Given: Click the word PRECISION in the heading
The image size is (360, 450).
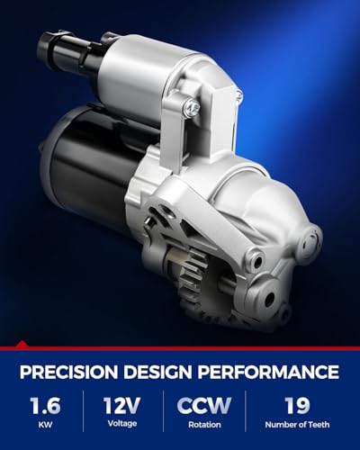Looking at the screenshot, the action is [68, 372].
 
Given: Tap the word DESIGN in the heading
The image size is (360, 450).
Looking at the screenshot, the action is [157, 372].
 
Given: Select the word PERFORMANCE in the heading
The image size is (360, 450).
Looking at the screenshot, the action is [268, 372].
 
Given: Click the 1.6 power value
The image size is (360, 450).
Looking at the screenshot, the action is [46, 405].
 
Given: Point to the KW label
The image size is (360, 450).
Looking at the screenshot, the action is [45, 425].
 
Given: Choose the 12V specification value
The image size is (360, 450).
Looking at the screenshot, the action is [122, 405].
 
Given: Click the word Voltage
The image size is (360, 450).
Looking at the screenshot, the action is [122, 424].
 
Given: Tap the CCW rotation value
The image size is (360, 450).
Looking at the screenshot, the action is [204, 405].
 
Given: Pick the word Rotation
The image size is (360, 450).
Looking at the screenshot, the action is [204, 425].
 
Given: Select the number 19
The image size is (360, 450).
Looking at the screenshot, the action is [297, 405].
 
